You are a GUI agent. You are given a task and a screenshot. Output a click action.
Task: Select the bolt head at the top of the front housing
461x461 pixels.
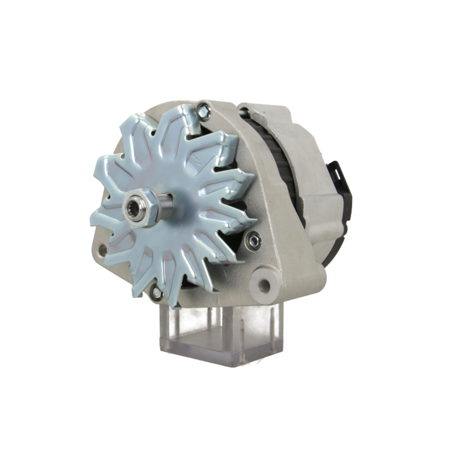pos(203,111)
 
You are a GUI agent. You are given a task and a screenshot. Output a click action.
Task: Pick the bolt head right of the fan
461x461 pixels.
pos(253,240)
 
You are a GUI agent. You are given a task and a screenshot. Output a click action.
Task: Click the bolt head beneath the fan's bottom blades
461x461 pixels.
pos(157,292)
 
